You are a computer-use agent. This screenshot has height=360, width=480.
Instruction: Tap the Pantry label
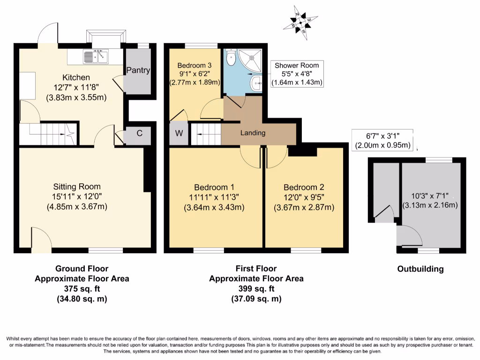coord(138,70)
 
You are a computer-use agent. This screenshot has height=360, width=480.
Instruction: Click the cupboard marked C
coord(139,133)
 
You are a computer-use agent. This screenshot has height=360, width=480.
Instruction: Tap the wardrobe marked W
coord(179,133)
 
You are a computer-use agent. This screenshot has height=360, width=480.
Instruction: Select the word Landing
coord(253,133)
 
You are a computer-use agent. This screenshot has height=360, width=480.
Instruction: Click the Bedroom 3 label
coord(194,66)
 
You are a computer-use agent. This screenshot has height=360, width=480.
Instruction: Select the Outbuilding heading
coord(420,269)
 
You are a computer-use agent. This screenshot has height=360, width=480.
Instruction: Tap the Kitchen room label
coord(76,77)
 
